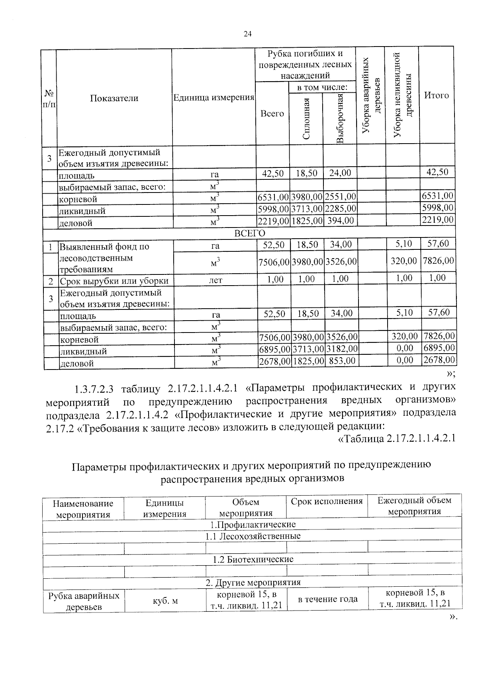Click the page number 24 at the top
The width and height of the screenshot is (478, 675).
click(x=247, y=34)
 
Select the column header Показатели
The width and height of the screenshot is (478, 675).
click(x=114, y=98)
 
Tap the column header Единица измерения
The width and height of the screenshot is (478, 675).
click(x=214, y=98)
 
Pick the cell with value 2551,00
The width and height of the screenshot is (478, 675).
click(x=340, y=196)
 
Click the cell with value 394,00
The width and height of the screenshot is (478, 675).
click(x=340, y=220)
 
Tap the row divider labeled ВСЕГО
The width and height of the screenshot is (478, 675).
click(x=249, y=233)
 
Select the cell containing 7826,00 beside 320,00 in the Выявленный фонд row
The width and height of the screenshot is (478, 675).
click(x=438, y=261)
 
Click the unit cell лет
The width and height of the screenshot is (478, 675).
click(x=215, y=280)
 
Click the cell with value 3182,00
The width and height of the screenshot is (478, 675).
click(x=341, y=348)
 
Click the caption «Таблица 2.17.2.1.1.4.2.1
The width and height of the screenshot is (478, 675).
click(x=396, y=439)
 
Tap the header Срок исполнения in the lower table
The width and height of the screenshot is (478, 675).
click(x=327, y=501)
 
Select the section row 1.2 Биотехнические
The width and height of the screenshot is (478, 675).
click(x=253, y=559)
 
